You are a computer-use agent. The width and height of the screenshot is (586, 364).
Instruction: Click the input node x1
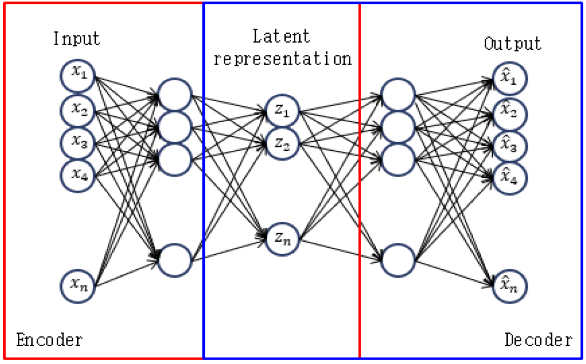click(x=78, y=78)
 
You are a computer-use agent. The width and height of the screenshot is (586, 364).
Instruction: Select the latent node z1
click(x=282, y=112)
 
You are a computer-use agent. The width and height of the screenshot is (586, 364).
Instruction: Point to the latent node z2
click(x=282, y=143)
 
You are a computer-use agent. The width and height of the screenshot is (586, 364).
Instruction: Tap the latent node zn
click(x=282, y=238)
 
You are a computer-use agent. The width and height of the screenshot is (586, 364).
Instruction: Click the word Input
click(x=77, y=39)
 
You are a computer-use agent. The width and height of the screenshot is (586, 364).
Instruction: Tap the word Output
click(x=513, y=43)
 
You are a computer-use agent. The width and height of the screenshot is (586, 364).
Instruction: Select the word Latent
click(x=281, y=37)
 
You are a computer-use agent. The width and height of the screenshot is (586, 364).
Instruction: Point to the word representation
click(x=282, y=58)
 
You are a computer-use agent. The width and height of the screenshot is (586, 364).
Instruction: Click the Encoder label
click(x=49, y=340)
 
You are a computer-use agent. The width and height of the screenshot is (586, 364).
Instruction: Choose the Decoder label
click(x=537, y=340)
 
